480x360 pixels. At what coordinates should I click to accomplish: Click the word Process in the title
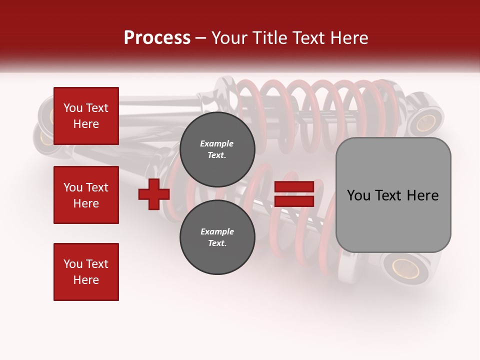157,37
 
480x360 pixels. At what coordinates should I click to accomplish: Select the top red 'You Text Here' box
86,116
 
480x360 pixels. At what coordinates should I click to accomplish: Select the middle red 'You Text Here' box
86,195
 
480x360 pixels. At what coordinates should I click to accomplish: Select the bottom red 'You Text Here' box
86,272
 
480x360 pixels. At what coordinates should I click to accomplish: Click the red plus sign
154,194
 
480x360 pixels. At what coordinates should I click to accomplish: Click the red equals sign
294,194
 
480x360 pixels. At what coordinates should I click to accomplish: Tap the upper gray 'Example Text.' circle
217,149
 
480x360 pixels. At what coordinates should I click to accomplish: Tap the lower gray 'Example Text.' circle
217,237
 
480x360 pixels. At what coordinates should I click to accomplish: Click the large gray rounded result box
393,195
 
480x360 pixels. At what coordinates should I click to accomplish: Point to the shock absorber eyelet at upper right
425,121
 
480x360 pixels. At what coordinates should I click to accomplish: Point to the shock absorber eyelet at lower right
405,268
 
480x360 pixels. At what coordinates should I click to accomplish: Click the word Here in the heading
348,37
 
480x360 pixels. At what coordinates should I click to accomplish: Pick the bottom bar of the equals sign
294,201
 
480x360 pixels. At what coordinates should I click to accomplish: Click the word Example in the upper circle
217,143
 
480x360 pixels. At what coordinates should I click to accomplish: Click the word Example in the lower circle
217,231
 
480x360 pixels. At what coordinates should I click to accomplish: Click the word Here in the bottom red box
86,280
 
